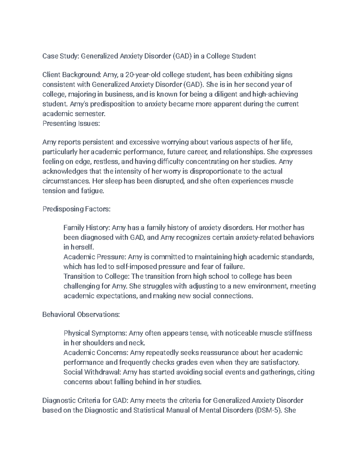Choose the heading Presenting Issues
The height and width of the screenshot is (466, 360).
coord(71,123)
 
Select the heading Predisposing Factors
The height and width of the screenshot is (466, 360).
coord(76,209)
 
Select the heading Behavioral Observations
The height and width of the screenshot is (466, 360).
coord(81,314)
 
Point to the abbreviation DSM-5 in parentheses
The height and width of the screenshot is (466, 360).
coord(268,410)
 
